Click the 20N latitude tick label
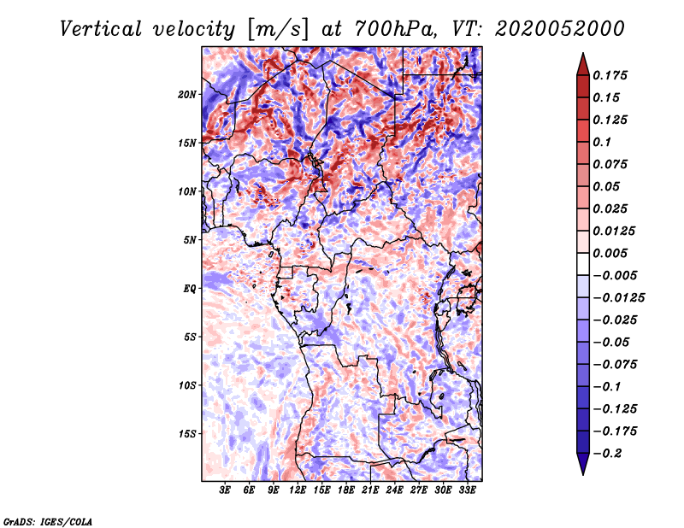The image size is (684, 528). (187, 94)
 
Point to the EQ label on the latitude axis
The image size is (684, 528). (190, 289)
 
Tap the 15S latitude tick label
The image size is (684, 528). (187, 434)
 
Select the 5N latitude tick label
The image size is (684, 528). (190, 240)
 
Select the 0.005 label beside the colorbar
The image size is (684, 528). (612, 253)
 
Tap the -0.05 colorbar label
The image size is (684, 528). (612, 342)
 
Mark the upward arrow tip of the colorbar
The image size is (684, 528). (582, 56)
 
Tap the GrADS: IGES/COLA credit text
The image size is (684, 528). (48, 520)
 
